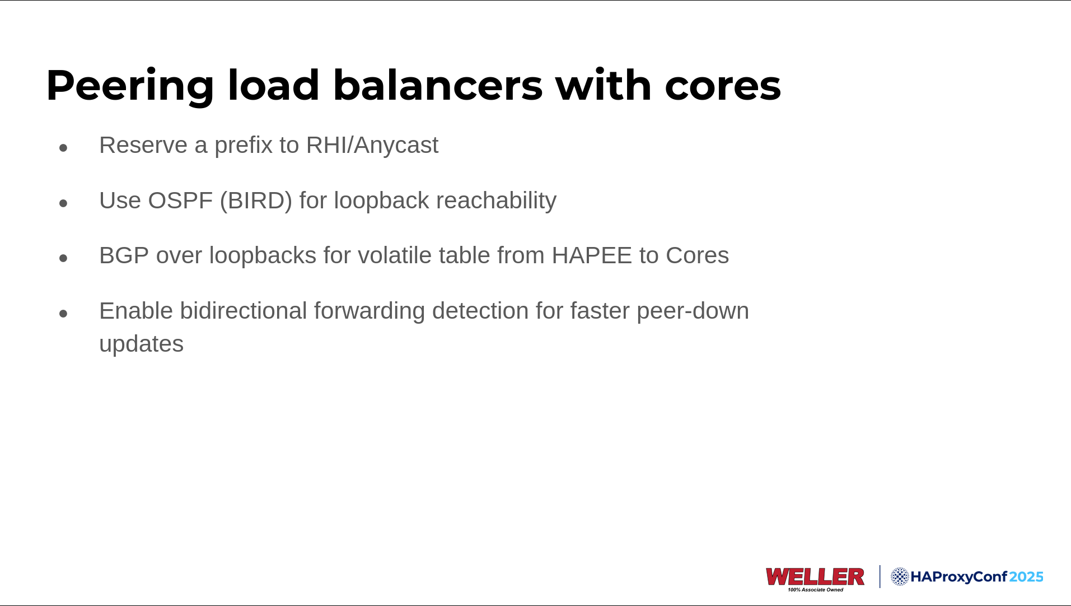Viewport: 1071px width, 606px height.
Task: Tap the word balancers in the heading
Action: [438, 85]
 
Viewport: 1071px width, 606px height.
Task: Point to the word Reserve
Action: [143, 145]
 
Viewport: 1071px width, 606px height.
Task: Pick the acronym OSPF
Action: [180, 201]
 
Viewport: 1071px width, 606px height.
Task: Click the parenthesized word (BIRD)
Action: [256, 201]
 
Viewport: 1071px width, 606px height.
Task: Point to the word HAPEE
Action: [592, 255]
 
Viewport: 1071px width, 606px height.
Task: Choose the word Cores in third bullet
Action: [697, 255]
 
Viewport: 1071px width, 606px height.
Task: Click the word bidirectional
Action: [244, 311]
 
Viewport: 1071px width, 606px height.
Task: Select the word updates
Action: [141, 344]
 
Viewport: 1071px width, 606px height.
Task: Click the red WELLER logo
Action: [815, 577]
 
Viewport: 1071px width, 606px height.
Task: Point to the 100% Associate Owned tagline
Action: [815, 590]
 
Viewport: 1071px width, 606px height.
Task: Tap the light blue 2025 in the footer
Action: [1026, 577]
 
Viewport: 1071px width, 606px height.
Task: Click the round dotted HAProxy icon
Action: [900, 577]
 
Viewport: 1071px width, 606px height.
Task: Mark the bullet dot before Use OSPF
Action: [63, 203]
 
